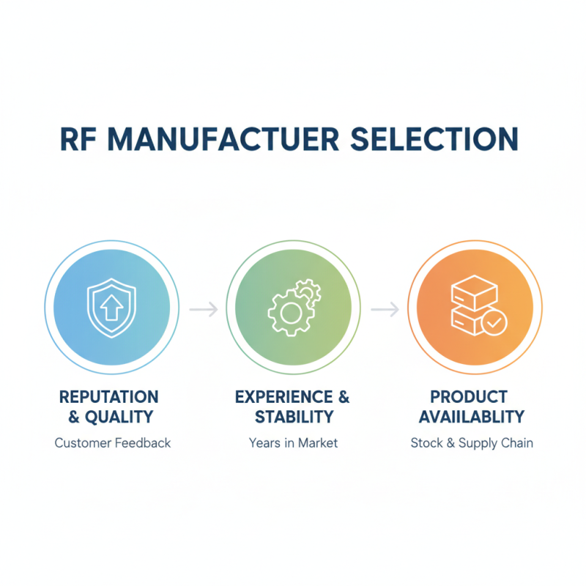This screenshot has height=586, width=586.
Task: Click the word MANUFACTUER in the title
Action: pyautogui.click(x=223, y=139)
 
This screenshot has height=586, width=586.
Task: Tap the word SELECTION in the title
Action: pyautogui.click(x=434, y=139)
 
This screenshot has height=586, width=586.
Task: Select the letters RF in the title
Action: pyautogui.click(x=78, y=139)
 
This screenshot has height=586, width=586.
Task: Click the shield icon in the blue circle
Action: pyautogui.click(x=111, y=308)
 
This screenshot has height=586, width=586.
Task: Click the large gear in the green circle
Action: pyautogui.click(x=290, y=314)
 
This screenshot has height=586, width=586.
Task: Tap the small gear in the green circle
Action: pyautogui.click(x=308, y=292)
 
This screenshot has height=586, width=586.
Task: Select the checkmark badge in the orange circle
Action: pyautogui.click(x=494, y=322)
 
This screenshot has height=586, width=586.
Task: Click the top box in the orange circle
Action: pyautogui.click(x=474, y=293)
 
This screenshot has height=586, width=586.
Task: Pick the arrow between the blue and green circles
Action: pyautogui.click(x=204, y=309)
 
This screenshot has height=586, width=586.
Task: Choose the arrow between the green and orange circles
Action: pyautogui.click(x=385, y=309)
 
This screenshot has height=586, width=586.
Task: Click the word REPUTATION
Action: pyautogui.click(x=108, y=397)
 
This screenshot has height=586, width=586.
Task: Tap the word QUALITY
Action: pyautogui.click(x=119, y=417)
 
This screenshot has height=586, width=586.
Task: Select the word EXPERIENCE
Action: pyautogui.click(x=284, y=397)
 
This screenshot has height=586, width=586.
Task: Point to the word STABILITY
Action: pyautogui.click(x=294, y=417)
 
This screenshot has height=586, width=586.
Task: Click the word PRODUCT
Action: pyautogui.click(x=469, y=397)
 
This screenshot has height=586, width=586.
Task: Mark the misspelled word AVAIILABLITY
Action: pyautogui.click(x=472, y=417)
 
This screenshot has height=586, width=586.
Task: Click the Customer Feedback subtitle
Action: pyautogui.click(x=113, y=443)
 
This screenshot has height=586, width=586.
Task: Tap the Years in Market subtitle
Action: pyautogui.click(x=294, y=443)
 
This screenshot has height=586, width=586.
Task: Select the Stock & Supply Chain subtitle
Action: pyautogui.click(x=472, y=443)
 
